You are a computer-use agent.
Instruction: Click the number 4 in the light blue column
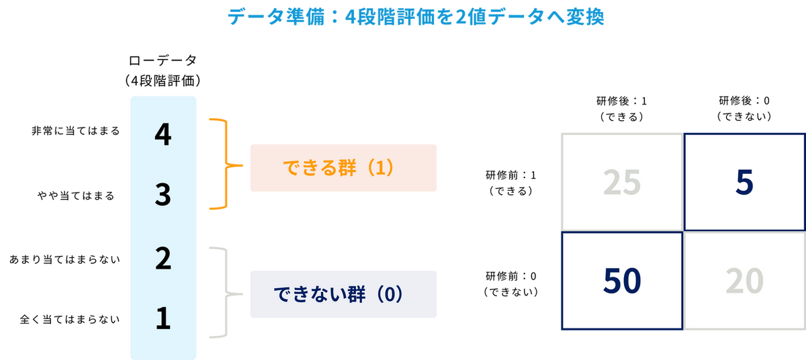(x=163, y=136)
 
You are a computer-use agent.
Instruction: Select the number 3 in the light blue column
(x=163, y=197)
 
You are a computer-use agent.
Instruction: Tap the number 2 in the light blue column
(x=163, y=259)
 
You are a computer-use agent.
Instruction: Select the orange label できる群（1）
(x=343, y=168)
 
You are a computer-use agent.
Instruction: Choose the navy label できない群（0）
(x=343, y=294)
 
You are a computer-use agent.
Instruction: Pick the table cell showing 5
(x=744, y=183)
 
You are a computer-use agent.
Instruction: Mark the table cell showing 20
(x=744, y=282)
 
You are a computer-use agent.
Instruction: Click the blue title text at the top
(x=416, y=19)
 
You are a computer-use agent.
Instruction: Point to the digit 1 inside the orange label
(x=379, y=168)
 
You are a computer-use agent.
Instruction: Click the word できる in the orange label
(x=302, y=168)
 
